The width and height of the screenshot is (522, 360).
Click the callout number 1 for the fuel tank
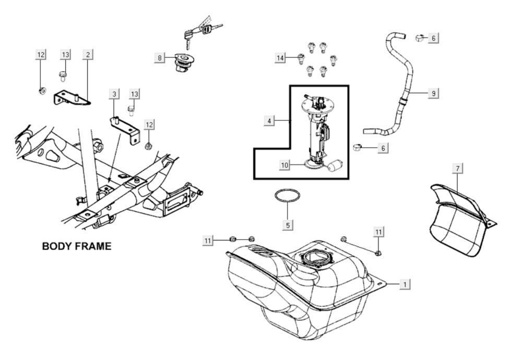[x=404, y=284]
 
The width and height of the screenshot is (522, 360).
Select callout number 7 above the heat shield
[x=457, y=168]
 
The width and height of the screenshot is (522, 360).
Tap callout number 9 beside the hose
[x=433, y=93]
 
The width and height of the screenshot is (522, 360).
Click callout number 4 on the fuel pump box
[x=269, y=121]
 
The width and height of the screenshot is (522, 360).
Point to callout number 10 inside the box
[x=284, y=165]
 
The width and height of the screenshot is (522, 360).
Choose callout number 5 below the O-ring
[x=288, y=225]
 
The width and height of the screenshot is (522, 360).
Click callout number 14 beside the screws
[x=281, y=57]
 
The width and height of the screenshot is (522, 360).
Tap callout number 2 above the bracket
[x=88, y=54]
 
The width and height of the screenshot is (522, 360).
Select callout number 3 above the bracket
[x=114, y=94]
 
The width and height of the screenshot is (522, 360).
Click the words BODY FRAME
[x=76, y=246]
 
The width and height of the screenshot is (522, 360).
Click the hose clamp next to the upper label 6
[x=420, y=37]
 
